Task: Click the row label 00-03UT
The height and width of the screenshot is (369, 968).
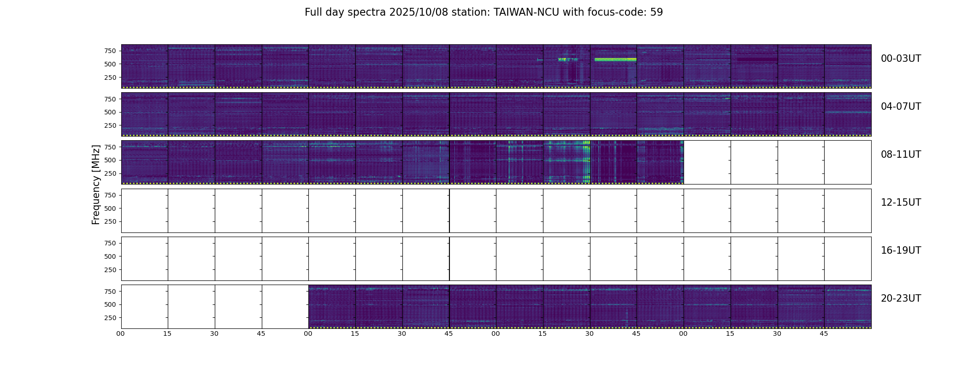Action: [901, 59]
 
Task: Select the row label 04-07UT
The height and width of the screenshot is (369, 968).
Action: [901, 107]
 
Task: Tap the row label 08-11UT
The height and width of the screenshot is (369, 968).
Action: [901, 155]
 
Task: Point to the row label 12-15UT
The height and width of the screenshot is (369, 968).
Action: [901, 202]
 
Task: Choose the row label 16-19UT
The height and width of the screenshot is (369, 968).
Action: [901, 250]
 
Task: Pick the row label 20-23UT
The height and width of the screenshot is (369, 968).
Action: [901, 298]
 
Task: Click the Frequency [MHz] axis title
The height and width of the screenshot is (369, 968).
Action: [96, 184]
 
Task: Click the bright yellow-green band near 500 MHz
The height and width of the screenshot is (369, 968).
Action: [615, 60]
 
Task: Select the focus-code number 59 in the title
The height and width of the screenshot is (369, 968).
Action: [656, 12]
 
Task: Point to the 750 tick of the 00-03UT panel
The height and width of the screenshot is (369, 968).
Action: [110, 51]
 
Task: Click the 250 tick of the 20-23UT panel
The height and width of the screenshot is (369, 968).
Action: [110, 318]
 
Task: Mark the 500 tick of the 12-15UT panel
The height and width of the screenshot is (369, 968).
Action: [110, 208]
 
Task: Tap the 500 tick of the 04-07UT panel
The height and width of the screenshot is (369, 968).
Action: [110, 112]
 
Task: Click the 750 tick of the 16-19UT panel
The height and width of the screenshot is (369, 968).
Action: [110, 243]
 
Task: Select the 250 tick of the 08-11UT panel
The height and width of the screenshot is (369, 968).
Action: [110, 173]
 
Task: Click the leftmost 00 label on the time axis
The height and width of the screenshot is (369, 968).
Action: [121, 333]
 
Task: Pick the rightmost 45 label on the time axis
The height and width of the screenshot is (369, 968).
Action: [824, 333]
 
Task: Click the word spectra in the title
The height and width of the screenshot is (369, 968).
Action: [367, 12]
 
